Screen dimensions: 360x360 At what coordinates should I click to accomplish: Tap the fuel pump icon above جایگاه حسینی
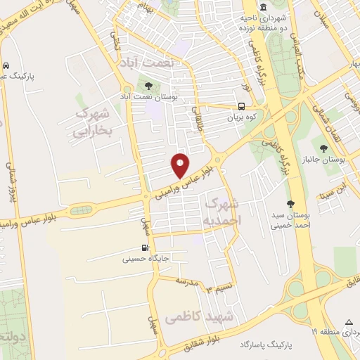pyautogui.click(x=145, y=247)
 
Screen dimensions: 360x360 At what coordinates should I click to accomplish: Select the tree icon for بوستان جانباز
pyautogui.click(x=323, y=148)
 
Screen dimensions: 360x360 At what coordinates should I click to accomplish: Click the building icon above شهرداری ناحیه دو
pyautogui.click(x=263, y=7)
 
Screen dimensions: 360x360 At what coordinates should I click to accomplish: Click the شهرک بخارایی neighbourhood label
pyautogui.click(x=93, y=122)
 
